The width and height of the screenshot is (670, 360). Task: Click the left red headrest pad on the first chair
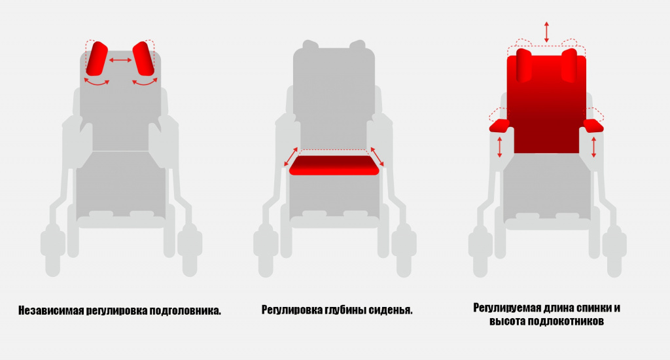[97, 58]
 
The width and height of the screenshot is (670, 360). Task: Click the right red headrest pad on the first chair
[143, 58]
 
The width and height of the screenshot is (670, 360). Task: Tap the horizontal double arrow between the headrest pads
[120, 60]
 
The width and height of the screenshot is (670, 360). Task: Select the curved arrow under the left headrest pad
[97, 81]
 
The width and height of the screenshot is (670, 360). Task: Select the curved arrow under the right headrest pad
[145, 81]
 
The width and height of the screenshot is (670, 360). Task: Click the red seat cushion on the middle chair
[334, 165]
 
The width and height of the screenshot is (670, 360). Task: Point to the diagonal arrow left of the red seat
[291, 157]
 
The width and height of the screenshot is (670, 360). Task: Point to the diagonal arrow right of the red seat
[377, 157]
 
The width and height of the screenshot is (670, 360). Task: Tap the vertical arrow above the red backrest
[546, 32]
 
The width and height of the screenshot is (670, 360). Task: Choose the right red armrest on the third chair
[593, 126]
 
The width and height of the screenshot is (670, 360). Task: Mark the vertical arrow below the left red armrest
[499, 147]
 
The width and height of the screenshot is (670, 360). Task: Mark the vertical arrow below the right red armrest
[593, 147]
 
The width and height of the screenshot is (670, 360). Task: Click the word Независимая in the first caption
[51, 310]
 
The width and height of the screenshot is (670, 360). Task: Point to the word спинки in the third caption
[593, 308]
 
